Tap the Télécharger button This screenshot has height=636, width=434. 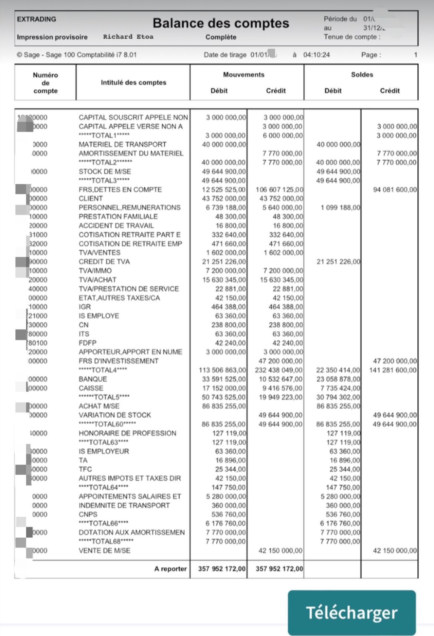coord(351,613)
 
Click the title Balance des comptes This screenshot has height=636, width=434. coord(221,23)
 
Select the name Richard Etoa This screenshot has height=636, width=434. coord(128,37)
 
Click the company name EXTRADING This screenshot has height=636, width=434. coord(36,19)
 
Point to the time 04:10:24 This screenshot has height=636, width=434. coord(316,55)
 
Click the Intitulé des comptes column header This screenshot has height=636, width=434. coord(133,82)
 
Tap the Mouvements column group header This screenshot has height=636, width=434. coord(244,75)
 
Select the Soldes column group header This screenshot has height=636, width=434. coord(362,75)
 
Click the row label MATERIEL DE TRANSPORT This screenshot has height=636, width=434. coord(122,144)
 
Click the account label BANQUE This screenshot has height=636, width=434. coord(93,379)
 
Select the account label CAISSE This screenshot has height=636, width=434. coord(91,388)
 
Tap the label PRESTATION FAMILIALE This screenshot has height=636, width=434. coord(118,216)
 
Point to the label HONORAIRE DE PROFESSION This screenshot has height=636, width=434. coord(127,433)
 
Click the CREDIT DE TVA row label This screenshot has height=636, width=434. coord(104,261)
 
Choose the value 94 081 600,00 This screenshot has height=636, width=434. coord(395,190)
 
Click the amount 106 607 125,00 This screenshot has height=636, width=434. coord(279,190)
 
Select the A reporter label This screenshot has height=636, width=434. coord(170,569)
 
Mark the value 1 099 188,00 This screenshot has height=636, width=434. coord(340,207)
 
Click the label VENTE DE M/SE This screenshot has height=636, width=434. coord(104,551)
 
